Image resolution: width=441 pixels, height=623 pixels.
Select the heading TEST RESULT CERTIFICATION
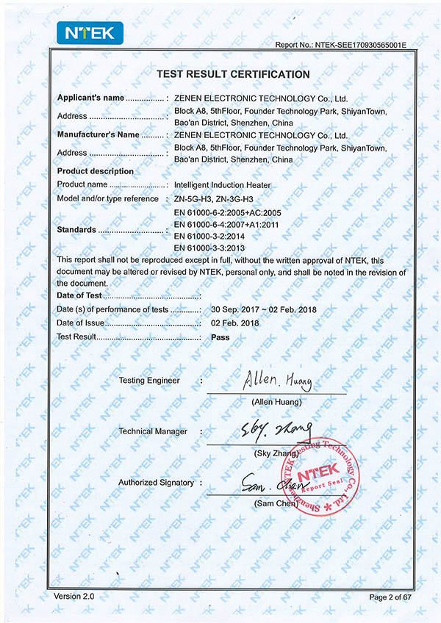pos(234,74)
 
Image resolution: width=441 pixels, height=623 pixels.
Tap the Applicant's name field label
pos(91,98)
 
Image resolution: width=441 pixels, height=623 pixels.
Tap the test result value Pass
pos(220,337)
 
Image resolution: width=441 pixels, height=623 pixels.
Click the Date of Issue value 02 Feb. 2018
pos(234,323)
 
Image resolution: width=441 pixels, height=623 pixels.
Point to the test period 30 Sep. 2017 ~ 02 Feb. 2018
pos(263,309)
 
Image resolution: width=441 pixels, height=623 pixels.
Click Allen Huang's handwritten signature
pos(276,381)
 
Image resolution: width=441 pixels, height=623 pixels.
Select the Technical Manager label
pos(153,431)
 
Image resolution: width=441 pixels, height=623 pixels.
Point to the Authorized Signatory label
pos(156,483)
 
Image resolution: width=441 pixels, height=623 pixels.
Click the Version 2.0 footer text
pos(74,595)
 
